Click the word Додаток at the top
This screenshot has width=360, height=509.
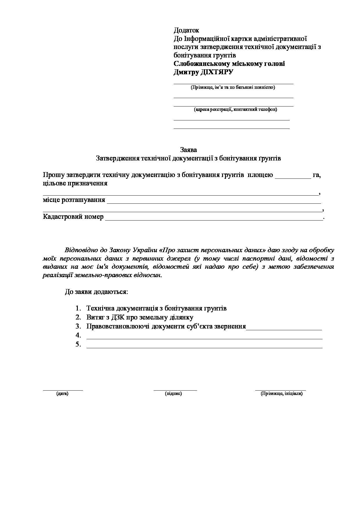coord(186,30)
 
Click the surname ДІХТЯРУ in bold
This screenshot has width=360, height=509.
coord(217,72)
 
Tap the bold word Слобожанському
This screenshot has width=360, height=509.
coord(201,64)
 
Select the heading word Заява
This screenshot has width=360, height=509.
coord(188,150)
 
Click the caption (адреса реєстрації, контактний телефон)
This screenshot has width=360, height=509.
coord(235,109)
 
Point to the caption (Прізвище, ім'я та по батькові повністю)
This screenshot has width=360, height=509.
coord(233,87)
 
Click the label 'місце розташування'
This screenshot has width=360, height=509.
coord(74,200)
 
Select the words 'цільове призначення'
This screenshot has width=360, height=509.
coord(75,183)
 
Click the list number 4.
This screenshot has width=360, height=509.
coord(78,335)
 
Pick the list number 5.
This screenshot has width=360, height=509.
coord(78,344)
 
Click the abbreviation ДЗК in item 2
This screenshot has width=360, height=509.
coord(117,317)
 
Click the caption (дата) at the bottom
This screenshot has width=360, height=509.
coord(62,394)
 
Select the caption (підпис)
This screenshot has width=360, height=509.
coord(173,394)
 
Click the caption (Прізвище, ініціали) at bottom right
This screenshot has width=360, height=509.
coord(281,394)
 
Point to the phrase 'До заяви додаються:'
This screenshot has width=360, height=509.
coord(96,292)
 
